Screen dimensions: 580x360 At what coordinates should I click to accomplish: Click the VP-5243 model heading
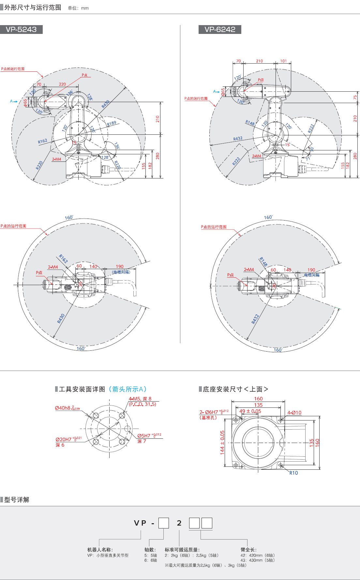(21, 29)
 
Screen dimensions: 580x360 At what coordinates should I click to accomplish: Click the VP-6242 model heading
(220, 29)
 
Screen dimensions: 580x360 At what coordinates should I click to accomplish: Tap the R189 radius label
(112, 123)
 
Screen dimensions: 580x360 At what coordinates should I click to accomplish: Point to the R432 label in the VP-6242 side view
(238, 139)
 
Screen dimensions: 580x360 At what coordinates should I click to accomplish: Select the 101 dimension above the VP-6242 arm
(283, 61)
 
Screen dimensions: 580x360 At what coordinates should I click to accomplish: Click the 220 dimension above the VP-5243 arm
(62, 84)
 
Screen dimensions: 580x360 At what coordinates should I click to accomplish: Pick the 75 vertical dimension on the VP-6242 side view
(355, 97)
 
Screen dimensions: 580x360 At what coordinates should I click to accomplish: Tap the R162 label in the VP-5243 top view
(63, 258)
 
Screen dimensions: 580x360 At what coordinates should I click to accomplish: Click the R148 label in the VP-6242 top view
(263, 262)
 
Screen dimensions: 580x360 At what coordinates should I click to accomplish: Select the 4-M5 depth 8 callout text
(140, 399)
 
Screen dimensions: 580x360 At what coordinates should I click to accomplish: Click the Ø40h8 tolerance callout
(67, 408)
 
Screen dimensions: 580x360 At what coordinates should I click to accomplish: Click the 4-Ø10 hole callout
(294, 413)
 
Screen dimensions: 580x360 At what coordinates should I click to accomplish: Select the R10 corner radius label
(293, 473)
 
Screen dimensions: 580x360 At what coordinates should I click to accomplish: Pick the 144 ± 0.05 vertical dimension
(222, 442)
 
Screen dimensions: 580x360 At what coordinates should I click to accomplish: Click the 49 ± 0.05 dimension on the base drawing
(250, 411)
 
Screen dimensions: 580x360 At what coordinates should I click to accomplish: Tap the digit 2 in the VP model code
(179, 523)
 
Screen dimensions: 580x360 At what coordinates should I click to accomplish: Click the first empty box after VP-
(164, 523)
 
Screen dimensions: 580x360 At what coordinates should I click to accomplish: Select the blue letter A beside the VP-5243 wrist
(11, 101)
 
